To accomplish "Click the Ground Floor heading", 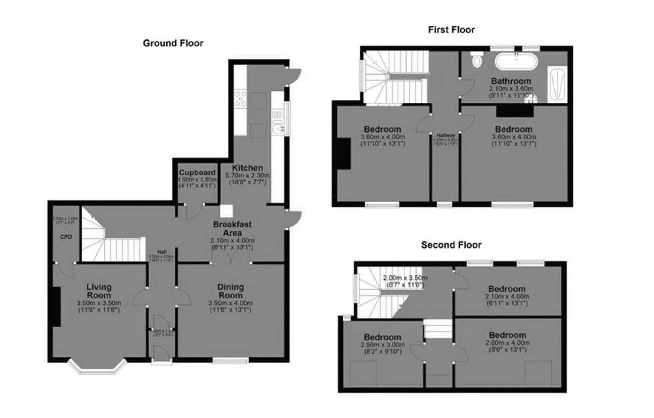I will [x=173, y=43].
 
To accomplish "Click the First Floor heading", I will [x=451, y=30].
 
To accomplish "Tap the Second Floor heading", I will [x=451, y=245].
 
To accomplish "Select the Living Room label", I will [x=99, y=291].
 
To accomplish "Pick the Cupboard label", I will [x=197, y=172].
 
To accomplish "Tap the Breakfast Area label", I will [x=232, y=228].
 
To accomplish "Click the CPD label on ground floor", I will [x=66, y=237].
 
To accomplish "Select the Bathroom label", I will [x=511, y=81].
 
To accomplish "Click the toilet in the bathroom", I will [x=477, y=60].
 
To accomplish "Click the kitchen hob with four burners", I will [x=241, y=99].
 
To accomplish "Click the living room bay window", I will [x=97, y=366].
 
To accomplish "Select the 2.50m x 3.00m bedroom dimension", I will [x=383, y=344].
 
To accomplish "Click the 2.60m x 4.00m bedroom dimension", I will [x=507, y=342].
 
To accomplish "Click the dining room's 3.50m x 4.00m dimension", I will [x=231, y=303].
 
